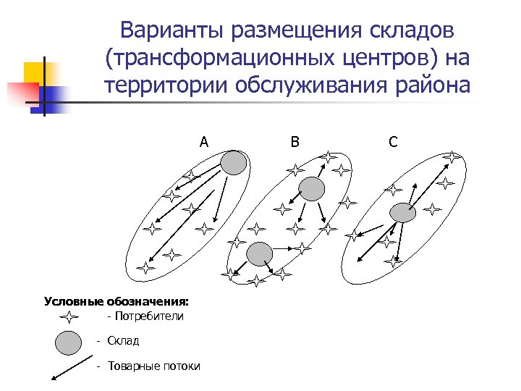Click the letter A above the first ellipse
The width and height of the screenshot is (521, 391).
204,142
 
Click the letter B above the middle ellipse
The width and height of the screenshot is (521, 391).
295,142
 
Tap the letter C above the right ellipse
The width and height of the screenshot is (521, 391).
392,142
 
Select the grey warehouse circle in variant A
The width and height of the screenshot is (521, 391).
233,163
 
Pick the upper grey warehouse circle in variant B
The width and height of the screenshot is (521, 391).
312,189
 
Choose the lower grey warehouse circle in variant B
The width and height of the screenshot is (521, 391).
259,254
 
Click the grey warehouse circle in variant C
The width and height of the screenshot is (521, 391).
402,212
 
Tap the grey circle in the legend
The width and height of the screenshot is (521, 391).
68,342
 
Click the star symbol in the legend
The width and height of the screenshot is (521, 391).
68,316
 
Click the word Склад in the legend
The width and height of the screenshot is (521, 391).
123,340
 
